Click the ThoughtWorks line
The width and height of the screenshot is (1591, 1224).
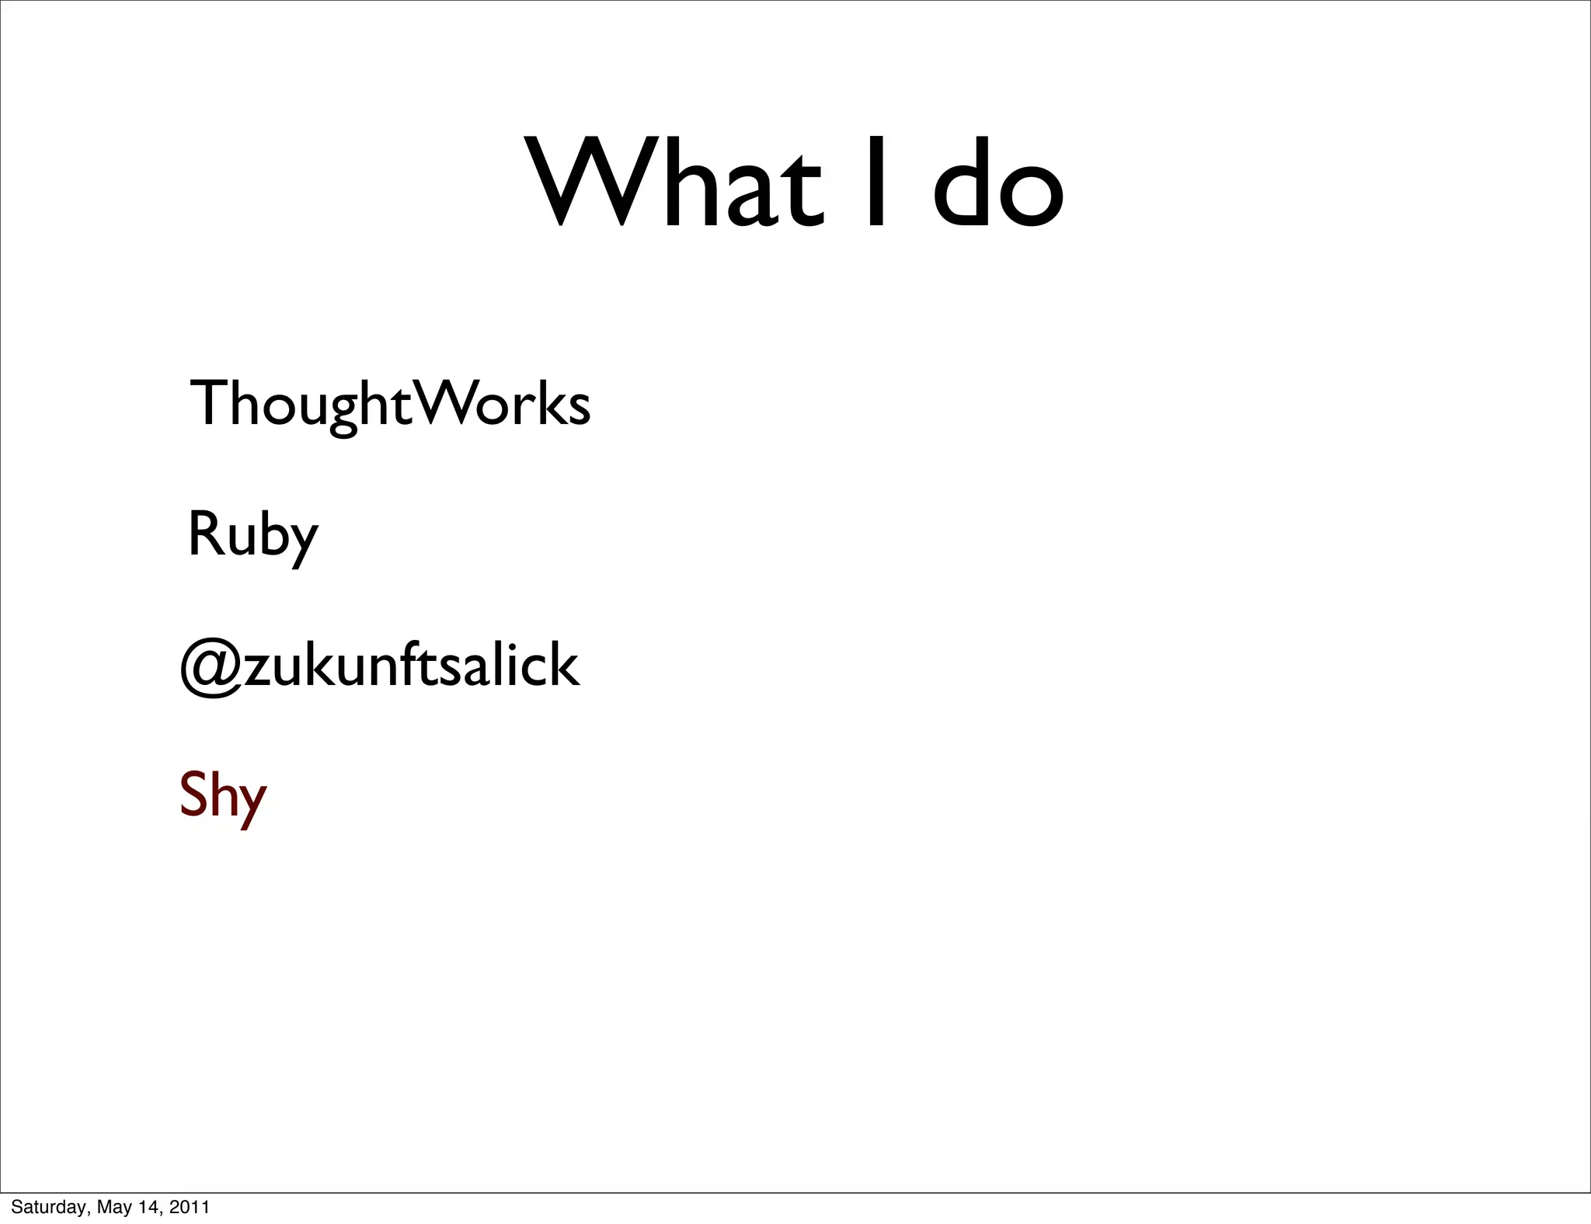coord(389,404)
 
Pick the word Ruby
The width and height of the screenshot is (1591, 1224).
coord(252,535)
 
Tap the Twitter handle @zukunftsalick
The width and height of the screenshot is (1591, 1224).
coord(379,666)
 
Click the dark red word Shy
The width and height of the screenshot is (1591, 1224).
coord(223,796)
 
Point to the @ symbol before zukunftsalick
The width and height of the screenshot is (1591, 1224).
coord(211,667)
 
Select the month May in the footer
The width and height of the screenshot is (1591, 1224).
coord(113,1207)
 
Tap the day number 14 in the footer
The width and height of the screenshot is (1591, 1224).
coord(151,1207)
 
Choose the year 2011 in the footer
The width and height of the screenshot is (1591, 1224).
coord(190,1207)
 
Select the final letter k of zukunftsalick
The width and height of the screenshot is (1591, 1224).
coord(561,666)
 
